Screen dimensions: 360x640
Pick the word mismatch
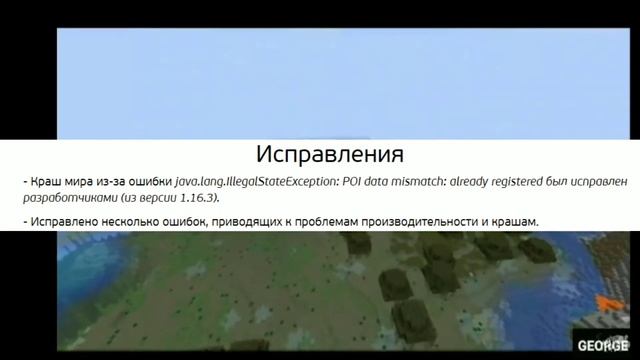413,182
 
